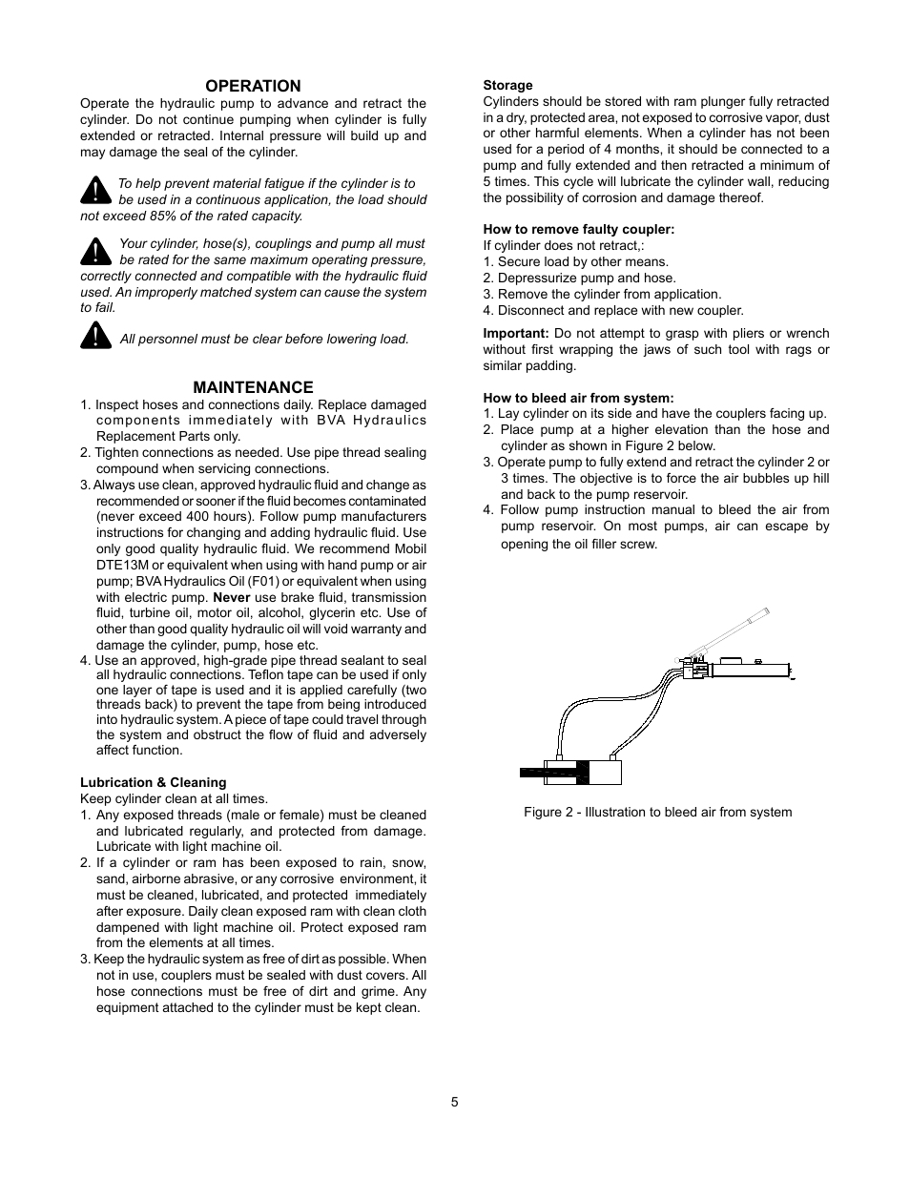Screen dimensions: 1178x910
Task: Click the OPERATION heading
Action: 253,86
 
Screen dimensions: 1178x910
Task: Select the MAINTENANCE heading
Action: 253,387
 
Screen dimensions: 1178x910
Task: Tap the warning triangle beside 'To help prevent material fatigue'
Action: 95,190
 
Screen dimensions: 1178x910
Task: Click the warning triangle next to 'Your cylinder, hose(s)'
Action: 95,251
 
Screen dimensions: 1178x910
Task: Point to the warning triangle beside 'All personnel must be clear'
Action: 95,336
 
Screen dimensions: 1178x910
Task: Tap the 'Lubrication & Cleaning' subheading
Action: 153,783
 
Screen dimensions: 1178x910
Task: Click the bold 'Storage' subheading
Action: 507,86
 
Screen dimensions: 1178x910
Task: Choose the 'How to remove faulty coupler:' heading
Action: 578,230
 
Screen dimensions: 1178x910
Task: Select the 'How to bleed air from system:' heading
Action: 578,399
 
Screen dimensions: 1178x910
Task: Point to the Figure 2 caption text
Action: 657,813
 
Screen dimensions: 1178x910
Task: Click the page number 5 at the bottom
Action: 455,1103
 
